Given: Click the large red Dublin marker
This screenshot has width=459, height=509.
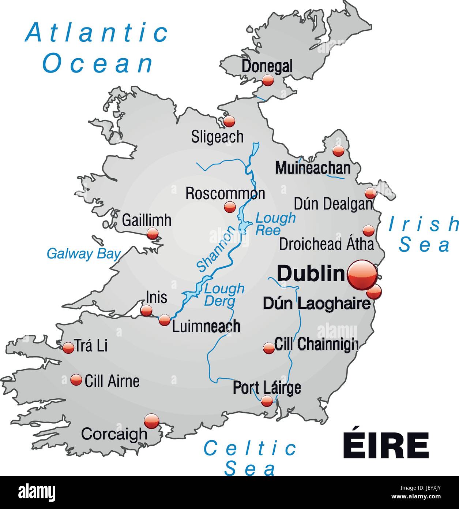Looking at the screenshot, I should pyautogui.click(x=362, y=275).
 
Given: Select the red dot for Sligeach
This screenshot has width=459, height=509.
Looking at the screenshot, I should pyautogui.click(x=229, y=121).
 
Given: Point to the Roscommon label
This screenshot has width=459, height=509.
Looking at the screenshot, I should pyautogui.click(x=225, y=193).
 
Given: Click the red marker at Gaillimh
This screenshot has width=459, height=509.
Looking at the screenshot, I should pyautogui.click(x=152, y=234).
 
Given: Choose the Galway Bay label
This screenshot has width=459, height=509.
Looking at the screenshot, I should pyautogui.click(x=83, y=254).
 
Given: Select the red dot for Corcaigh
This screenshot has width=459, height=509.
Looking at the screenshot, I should pyautogui.click(x=151, y=421).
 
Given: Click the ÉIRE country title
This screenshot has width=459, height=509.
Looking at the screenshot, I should pyautogui.click(x=385, y=445).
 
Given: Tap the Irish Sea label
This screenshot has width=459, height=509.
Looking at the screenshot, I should pyautogui.click(x=424, y=234).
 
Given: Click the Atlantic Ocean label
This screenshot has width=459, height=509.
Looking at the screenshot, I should pyautogui.click(x=97, y=48).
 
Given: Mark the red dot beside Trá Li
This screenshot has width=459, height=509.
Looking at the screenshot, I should pyautogui.click(x=68, y=348).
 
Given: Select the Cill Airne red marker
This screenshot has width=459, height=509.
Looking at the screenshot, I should pyautogui.click(x=76, y=380).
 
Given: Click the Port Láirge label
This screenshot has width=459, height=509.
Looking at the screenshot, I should pyautogui.click(x=267, y=387).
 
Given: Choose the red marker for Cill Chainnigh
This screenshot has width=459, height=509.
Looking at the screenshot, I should pyautogui.click(x=269, y=348).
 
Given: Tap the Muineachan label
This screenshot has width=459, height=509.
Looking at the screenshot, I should pyautogui.click(x=312, y=168).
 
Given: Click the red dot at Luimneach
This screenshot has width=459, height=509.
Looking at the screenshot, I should pyautogui.click(x=165, y=320).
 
